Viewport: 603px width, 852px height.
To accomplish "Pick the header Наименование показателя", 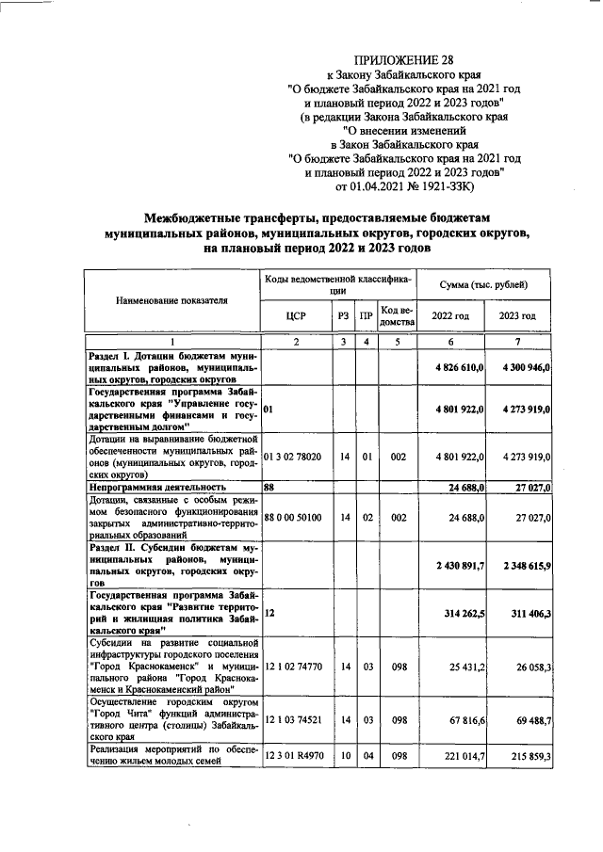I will point(171,300).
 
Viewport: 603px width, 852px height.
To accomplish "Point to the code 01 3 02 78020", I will point(294,457).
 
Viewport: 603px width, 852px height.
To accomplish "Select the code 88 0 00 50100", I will point(294,517).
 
